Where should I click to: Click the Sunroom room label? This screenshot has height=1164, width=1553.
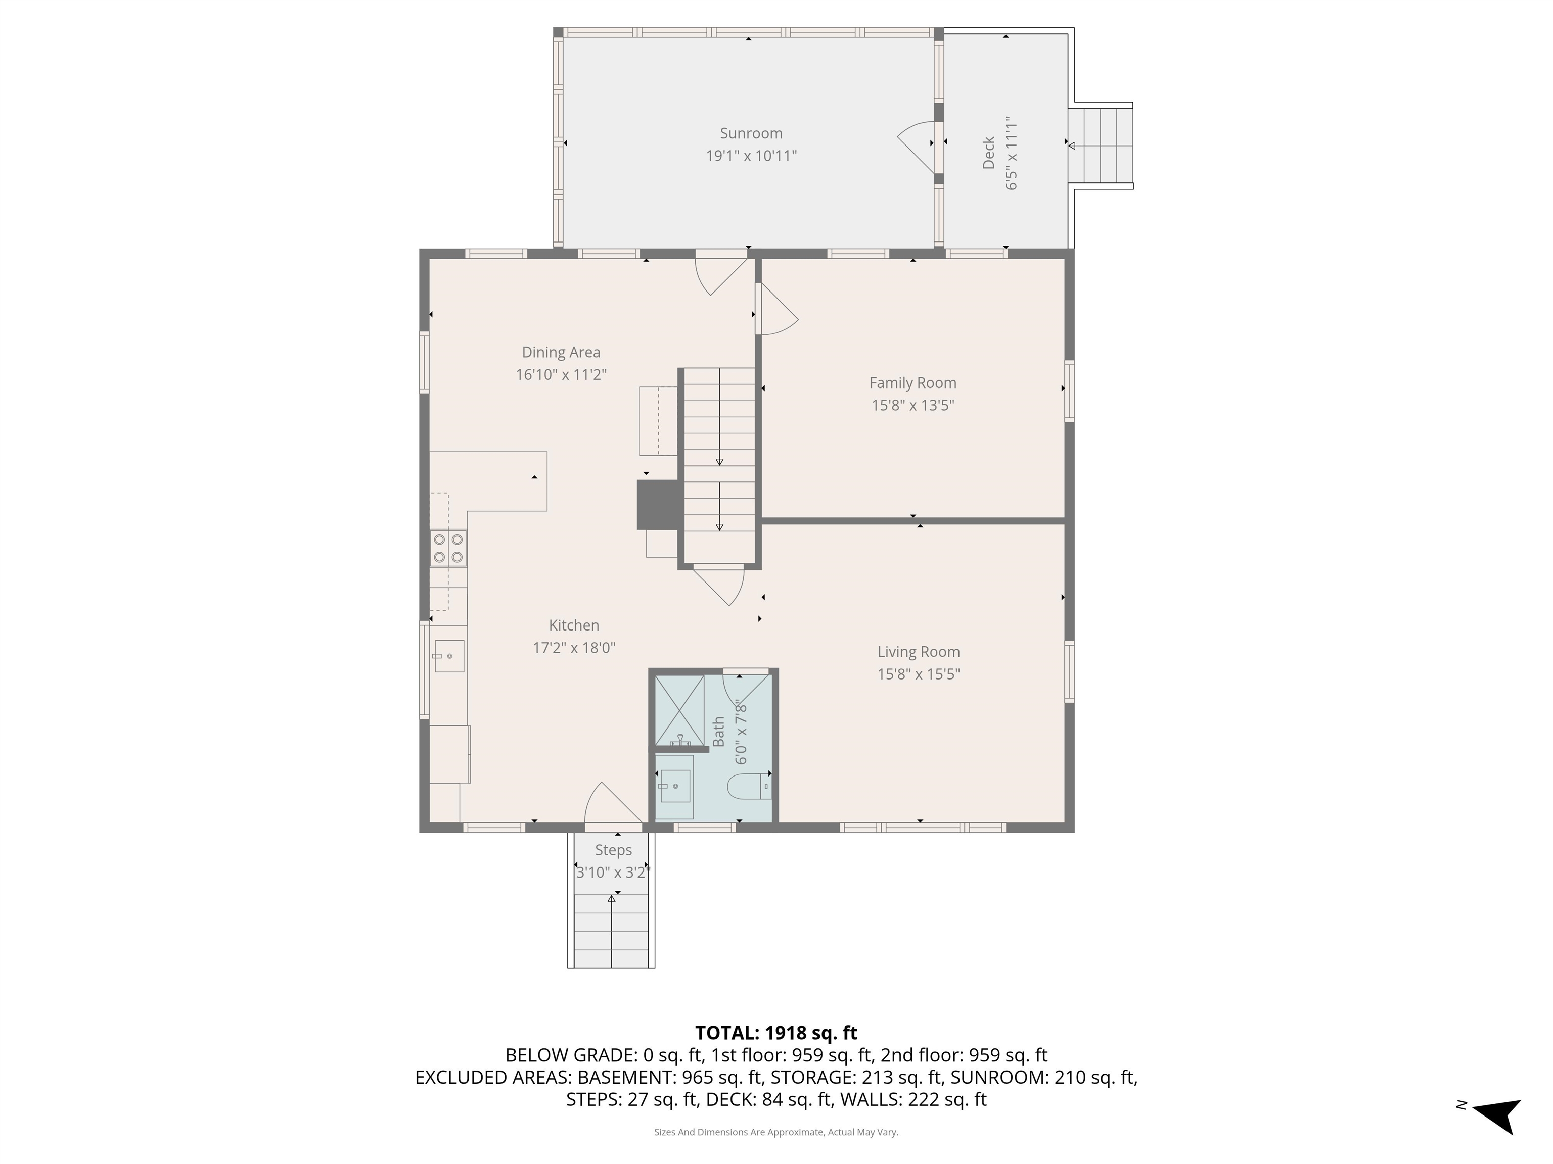(751, 133)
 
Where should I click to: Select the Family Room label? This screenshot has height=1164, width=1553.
(912, 383)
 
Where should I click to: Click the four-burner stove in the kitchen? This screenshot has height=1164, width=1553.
(448, 548)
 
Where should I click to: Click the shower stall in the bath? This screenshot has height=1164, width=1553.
(679, 709)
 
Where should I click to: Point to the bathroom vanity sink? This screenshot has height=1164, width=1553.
(674, 786)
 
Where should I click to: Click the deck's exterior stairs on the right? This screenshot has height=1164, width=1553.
(1100, 145)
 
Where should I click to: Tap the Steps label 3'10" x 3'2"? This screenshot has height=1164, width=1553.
(613, 872)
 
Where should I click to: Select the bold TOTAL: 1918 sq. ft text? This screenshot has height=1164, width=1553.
(776, 1033)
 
